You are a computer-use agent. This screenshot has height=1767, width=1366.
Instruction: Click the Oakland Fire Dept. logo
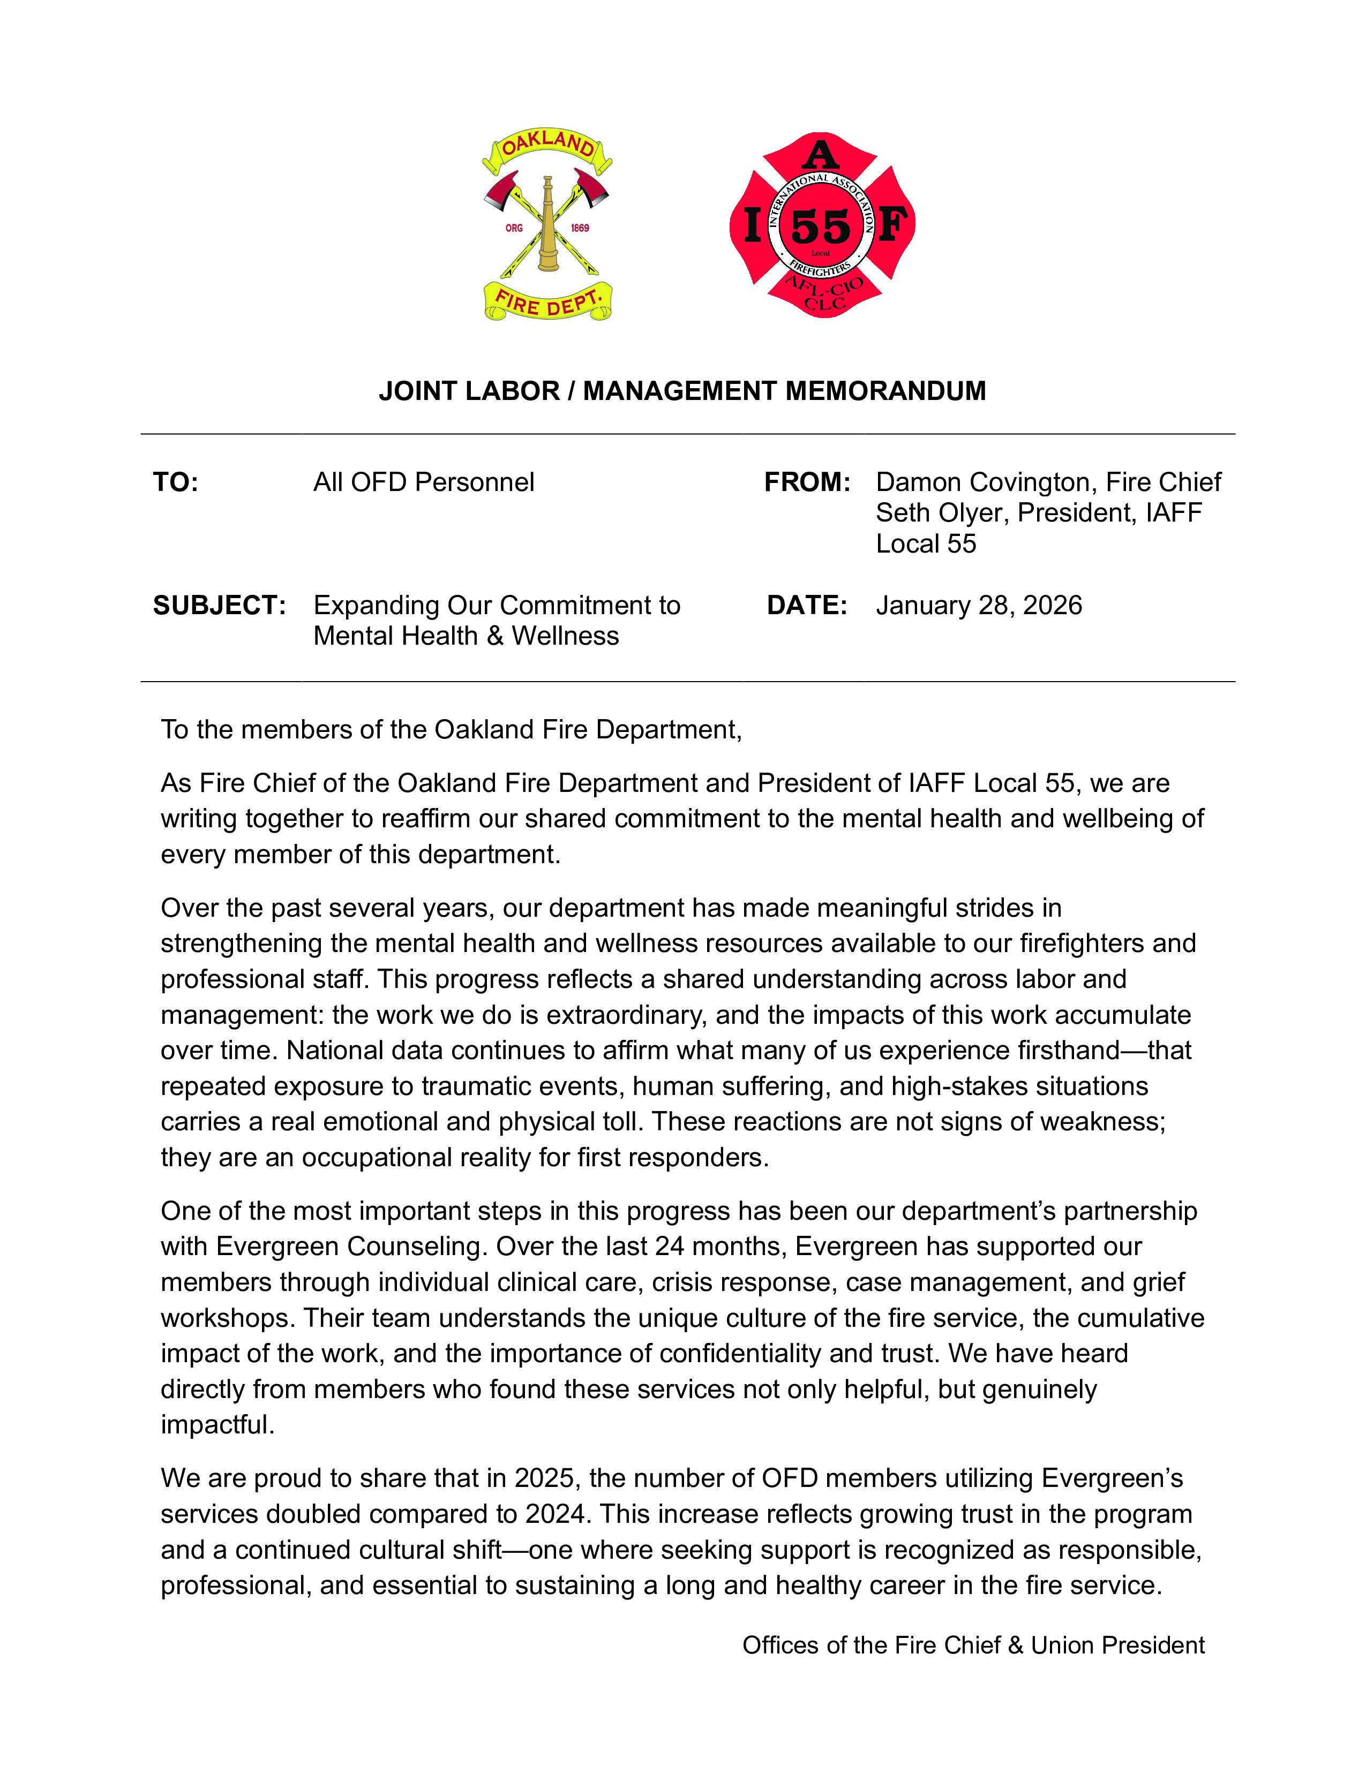click(x=547, y=226)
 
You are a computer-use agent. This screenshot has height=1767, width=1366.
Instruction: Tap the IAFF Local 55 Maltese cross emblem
click(x=821, y=225)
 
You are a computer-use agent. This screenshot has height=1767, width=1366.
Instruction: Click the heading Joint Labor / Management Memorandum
click(x=682, y=391)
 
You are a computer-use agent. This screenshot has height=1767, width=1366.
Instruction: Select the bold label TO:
click(x=176, y=482)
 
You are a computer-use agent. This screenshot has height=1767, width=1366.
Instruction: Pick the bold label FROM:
click(x=807, y=482)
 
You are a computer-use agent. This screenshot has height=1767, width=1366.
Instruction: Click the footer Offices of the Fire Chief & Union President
click(x=973, y=1645)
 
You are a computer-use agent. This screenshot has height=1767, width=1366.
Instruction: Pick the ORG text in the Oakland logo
click(x=514, y=228)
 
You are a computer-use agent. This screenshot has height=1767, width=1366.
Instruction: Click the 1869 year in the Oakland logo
click(x=580, y=228)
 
